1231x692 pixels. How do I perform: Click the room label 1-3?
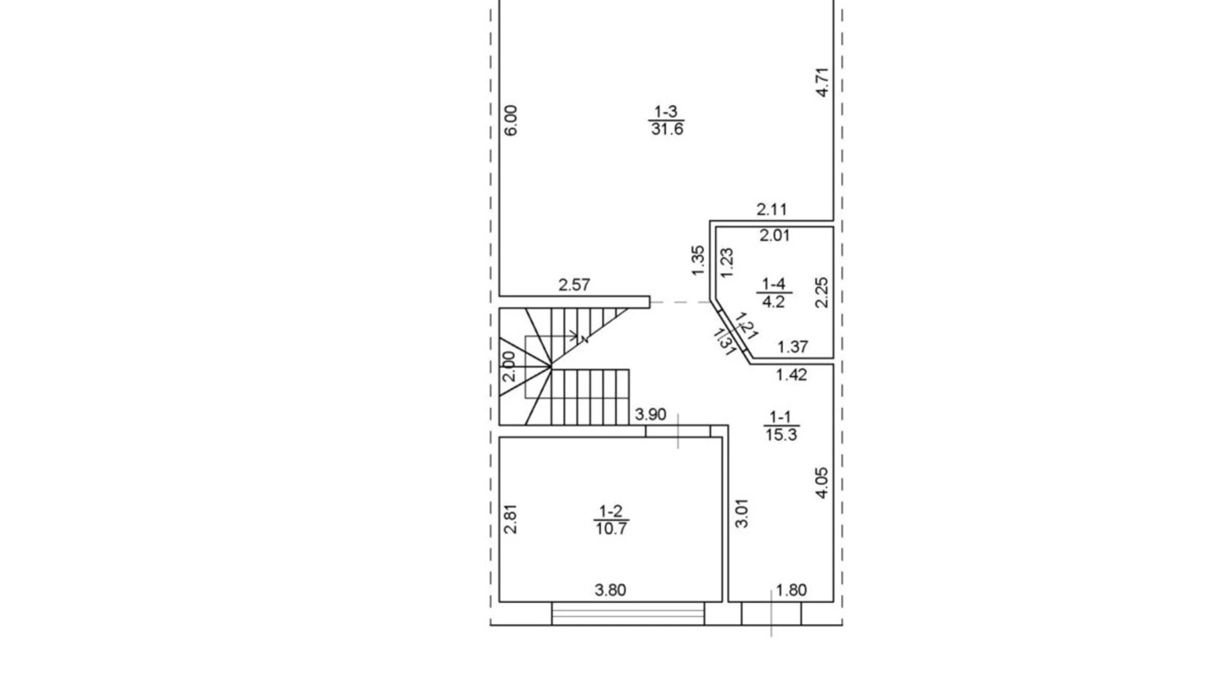(x=666, y=112)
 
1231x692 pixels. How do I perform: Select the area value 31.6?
(x=667, y=129)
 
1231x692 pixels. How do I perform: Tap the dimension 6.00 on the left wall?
(x=511, y=120)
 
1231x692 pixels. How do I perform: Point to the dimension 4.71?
(x=822, y=83)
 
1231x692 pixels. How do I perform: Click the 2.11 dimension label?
(x=772, y=210)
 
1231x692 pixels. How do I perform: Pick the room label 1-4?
(x=774, y=285)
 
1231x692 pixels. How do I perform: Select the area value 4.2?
(x=773, y=301)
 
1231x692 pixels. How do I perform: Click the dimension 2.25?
(x=822, y=292)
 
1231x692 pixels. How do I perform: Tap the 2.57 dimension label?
(x=574, y=285)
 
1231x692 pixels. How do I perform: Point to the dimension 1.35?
(x=697, y=261)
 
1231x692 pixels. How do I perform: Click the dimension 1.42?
(x=791, y=375)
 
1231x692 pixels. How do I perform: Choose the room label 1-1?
(x=780, y=417)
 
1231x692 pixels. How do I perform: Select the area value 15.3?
(x=781, y=434)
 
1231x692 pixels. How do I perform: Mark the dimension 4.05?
(x=822, y=483)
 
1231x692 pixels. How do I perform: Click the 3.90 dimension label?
(x=650, y=415)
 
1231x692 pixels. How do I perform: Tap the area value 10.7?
(x=611, y=529)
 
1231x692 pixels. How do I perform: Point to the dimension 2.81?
(x=510, y=519)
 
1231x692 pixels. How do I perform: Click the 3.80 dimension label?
(x=610, y=590)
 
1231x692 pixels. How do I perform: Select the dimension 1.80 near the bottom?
(x=791, y=590)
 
